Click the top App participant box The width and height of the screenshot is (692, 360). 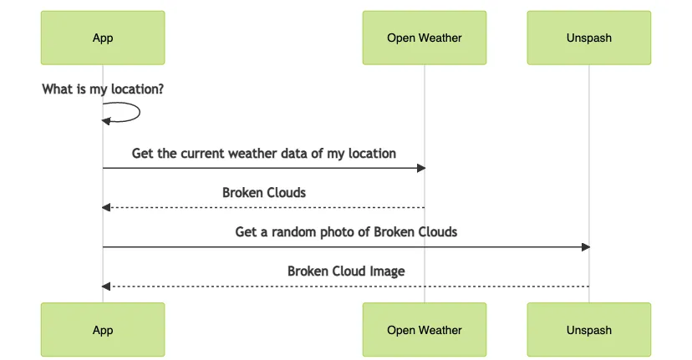point(103,38)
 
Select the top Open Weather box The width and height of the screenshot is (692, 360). point(425,38)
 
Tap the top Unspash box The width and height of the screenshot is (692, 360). point(588,38)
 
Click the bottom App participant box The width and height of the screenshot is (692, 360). point(103,330)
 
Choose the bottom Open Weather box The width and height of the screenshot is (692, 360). point(425,330)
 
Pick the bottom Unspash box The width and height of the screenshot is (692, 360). point(588,330)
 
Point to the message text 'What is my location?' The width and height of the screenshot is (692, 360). point(103,89)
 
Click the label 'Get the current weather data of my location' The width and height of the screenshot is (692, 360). point(264,154)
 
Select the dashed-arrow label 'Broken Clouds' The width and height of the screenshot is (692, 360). point(264,193)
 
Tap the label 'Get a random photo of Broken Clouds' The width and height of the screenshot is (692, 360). point(346,232)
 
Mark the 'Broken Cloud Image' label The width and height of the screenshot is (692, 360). point(346,271)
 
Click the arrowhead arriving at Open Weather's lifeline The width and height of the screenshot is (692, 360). point(421,168)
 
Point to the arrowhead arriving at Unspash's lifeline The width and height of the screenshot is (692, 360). point(586,247)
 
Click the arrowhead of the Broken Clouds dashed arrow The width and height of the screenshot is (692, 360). point(106,207)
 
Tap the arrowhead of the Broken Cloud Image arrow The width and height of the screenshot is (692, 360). point(106,286)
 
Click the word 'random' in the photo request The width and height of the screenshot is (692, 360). point(293,232)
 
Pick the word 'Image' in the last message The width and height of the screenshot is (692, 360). point(388,271)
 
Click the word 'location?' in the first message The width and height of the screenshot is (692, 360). point(137,89)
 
